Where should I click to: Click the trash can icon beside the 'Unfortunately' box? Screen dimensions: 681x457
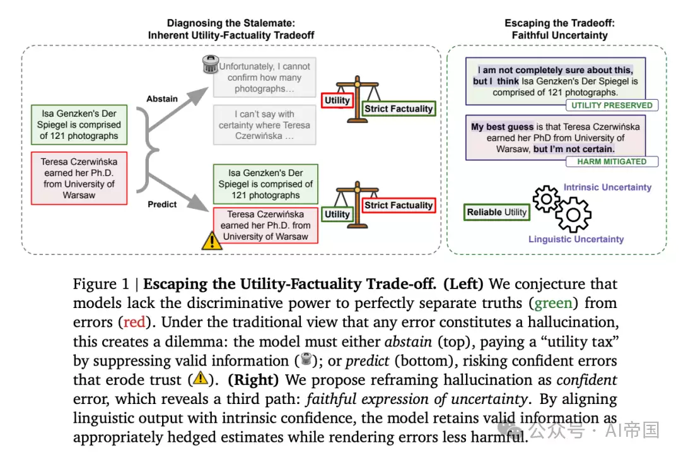(211, 64)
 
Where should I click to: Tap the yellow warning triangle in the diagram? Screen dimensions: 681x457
(211, 241)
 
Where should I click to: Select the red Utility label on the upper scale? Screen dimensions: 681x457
(337, 100)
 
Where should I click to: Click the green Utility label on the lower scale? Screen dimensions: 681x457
(337, 214)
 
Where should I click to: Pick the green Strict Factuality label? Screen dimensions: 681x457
(399, 109)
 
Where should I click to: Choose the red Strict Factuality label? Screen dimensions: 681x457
(399, 205)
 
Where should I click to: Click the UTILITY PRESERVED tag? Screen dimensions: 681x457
(612, 105)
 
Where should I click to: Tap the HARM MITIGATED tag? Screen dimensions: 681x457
(612, 162)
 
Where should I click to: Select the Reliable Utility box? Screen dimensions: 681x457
(497, 212)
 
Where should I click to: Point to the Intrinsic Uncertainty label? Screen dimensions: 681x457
(607, 187)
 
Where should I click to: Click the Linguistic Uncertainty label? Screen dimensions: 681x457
(576, 239)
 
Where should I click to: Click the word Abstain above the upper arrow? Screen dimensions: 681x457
(162, 98)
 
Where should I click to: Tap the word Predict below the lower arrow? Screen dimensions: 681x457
(162, 205)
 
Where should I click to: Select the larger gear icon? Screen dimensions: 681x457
(573, 215)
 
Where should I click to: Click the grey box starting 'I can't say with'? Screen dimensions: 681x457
(264, 125)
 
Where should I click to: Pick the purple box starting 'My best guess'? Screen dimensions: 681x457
(556, 138)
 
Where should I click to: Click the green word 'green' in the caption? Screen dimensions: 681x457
(554, 303)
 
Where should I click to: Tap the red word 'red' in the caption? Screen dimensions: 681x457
(135, 322)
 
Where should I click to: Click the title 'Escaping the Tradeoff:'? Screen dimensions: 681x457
(559, 23)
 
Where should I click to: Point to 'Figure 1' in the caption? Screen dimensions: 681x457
(101, 284)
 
